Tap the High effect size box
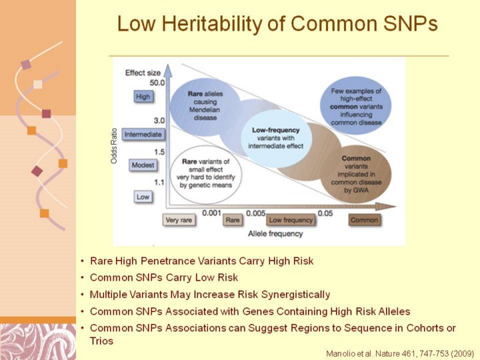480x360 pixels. [x=143, y=97]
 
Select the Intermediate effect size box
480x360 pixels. [x=143, y=135]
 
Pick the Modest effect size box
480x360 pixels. [x=143, y=165]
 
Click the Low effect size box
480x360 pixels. [x=143, y=197]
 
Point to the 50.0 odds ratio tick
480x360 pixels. [x=157, y=83]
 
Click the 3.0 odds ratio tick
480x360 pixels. [x=159, y=121]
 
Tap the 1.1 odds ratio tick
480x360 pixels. [x=159, y=183]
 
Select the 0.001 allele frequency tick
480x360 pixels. [x=211, y=213]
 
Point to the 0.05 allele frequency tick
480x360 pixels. [x=325, y=213]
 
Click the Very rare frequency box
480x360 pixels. [x=179, y=220]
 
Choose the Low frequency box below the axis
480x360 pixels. [x=291, y=220]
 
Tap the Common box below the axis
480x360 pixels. [x=364, y=220]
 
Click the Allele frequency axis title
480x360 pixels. [x=275, y=234]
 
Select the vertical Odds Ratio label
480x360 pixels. [x=114, y=146]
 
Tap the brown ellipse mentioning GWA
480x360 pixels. [x=356, y=174]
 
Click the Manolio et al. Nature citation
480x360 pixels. [x=400, y=354]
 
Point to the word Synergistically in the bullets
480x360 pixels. [x=296, y=295]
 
